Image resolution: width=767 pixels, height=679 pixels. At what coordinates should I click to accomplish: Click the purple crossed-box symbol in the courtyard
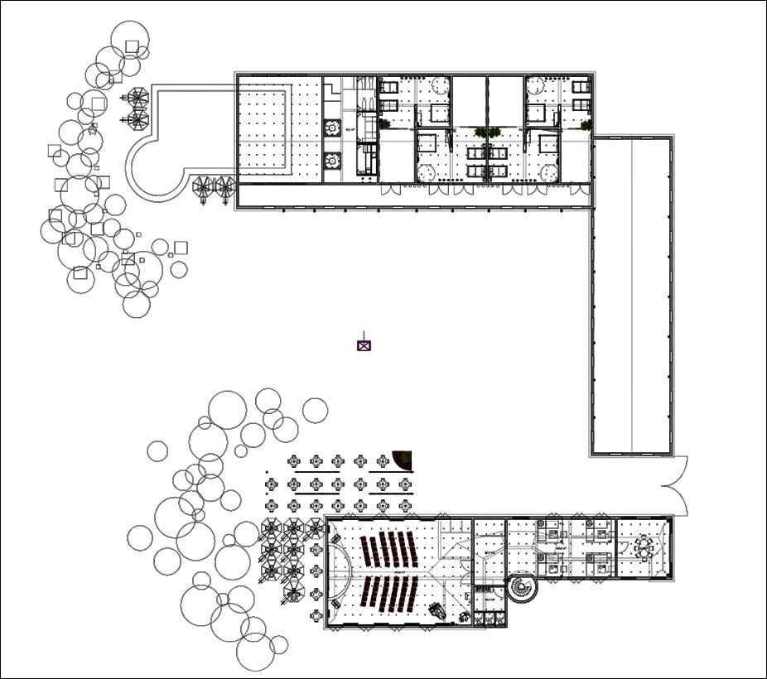(x=364, y=344)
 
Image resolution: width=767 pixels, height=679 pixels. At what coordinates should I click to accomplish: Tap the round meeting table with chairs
(x=644, y=547)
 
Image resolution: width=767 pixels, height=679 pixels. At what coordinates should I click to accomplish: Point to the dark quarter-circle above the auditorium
(x=403, y=460)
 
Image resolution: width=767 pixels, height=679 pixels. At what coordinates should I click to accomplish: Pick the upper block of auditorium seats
(x=388, y=548)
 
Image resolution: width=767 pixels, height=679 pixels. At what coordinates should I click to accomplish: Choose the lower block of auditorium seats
(x=390, y=594)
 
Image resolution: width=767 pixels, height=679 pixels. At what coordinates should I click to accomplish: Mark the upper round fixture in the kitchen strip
(x=332, y=128)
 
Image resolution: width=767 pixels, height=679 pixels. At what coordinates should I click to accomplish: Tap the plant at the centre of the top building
(x=487, y=132)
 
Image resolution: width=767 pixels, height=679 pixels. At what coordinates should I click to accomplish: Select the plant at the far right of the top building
(x=586, y=125)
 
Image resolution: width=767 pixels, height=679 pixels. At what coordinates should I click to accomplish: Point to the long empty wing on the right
(x=632, y=296)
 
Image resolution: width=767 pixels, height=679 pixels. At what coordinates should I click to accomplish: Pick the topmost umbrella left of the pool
(x=137, y=98)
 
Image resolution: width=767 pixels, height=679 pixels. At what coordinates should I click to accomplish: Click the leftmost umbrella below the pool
(x=203, y=186)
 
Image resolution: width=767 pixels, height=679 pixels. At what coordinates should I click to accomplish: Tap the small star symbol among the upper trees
(x=92, y=128)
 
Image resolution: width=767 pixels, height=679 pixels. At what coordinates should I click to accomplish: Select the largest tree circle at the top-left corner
(x=130, y=40)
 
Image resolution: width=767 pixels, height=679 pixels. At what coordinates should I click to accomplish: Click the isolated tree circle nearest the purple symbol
(x=315, y=410)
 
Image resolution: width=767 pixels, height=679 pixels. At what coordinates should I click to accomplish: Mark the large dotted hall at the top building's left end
(x=279, y=128)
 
